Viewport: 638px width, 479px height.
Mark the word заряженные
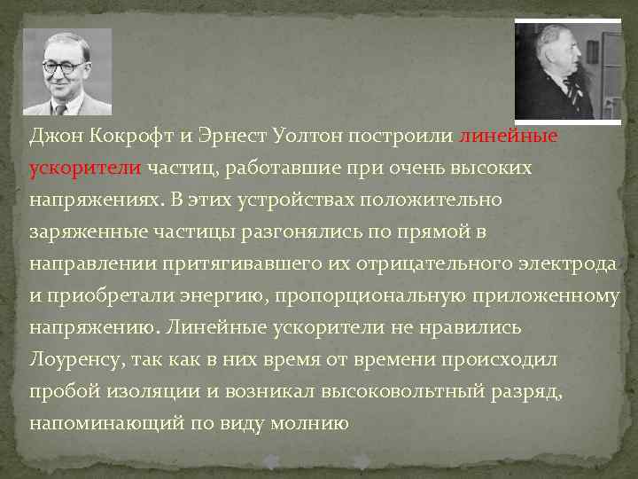point(83,232)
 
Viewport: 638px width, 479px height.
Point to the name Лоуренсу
point(76,360)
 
